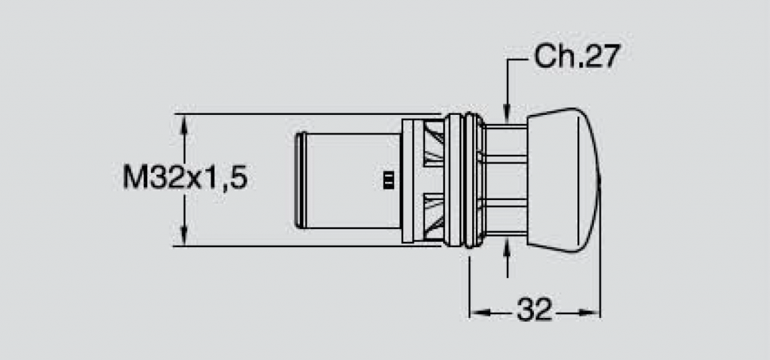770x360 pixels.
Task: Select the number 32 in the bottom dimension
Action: (x=535, y=310)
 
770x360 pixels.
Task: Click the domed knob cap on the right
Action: (x=563, y=180)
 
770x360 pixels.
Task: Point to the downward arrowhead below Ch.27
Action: (x=508, y=111)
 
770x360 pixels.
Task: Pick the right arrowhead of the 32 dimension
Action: (x=590, y=313)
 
